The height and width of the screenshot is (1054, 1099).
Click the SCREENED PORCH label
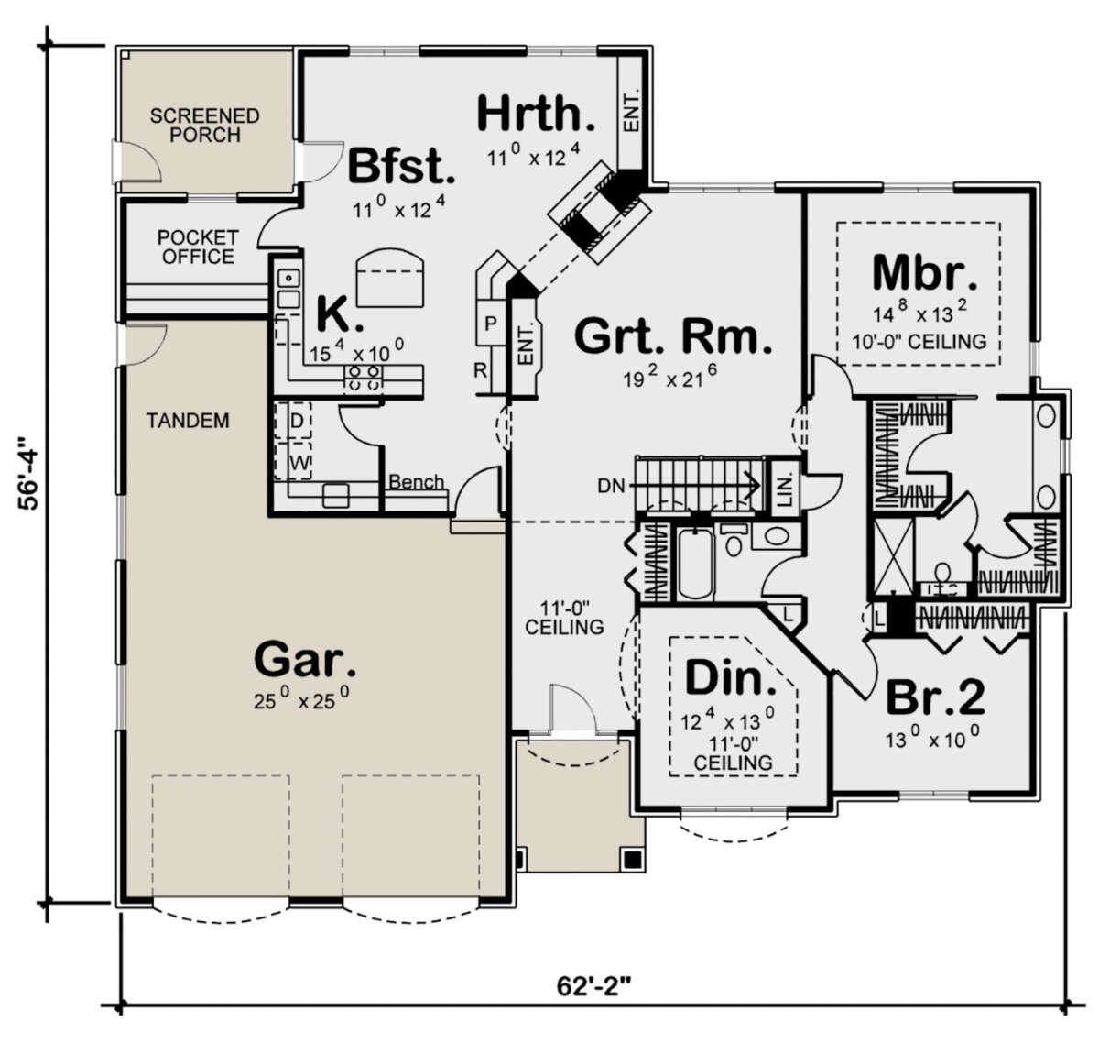point(204,125)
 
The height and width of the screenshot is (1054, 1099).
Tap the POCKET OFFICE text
point(198,247)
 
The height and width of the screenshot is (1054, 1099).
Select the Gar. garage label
point(306,659)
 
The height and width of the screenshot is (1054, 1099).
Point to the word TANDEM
point(188,420)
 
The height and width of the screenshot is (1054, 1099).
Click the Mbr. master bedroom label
point(924,272)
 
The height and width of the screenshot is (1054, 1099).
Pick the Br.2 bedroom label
point(935,697)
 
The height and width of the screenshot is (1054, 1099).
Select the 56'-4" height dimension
point(28,472)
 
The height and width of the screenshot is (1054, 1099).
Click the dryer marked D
point(292,421)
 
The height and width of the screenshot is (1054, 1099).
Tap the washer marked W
point(292,461)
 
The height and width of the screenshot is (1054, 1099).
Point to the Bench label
point(416,481)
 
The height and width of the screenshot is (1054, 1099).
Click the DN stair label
point(611,486)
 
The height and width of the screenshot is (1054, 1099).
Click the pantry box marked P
point(491,324)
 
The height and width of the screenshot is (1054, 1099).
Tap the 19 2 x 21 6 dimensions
point(671,378)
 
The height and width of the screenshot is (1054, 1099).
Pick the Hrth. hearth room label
point(536,114)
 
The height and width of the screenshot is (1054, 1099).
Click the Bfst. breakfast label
point(401,166)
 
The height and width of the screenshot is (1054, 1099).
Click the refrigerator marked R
point(481,371)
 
